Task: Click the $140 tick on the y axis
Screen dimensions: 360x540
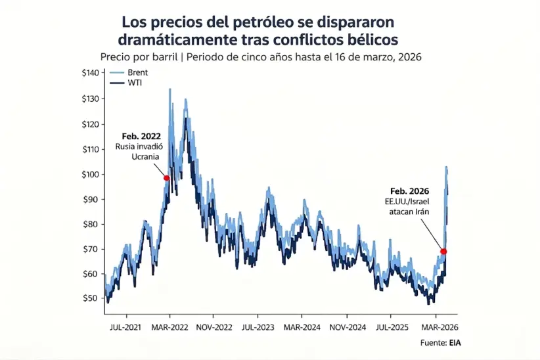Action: pyautogui.click(x=91, y=73)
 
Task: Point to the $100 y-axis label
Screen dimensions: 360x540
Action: pyautogui.click(x=91, y=174)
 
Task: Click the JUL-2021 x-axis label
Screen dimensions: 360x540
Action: pyautogui.click(x=125, y=326)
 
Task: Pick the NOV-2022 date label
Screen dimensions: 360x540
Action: pyautogui.click(x=214, y=326)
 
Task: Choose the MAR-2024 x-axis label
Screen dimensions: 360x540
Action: pyautogui.click(x=302, y=326)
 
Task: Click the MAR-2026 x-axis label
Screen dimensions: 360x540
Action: pyautogui.click(x=438, y=326)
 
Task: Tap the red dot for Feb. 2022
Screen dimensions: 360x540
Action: pyautogui.click(x=167, y=178)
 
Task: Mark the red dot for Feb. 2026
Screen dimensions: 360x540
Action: pyautogui.click(x=444, y=252)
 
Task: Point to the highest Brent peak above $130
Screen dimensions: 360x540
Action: pyautogui.click(x=170, y=89)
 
